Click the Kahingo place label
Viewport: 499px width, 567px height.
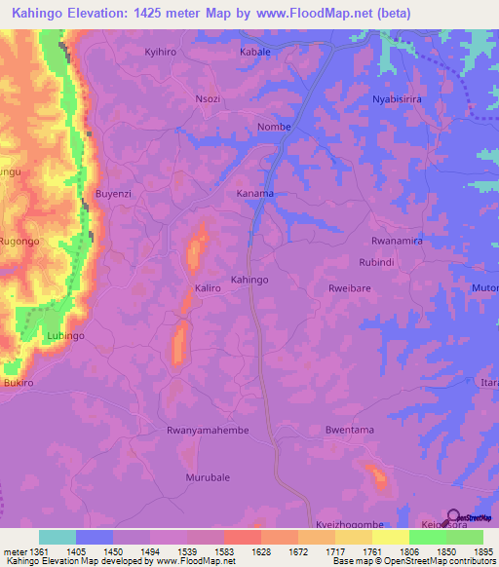pyautogui.click(x=249, y=280)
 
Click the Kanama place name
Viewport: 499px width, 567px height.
pyautogui.click(x=255, y=194)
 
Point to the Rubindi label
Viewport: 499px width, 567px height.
pyautogui.click(x=376, y=263)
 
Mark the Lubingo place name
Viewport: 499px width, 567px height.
pyautogui.click(x=66, y=336)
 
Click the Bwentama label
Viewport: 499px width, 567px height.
pyautogui.click(x=350, y=430)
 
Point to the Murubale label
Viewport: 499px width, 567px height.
pyautogui.click(x=208, y=477)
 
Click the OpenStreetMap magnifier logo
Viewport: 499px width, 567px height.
pyautogui.click(x=453, y=517)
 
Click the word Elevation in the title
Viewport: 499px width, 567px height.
pyautogui.click(x=111, y=12)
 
